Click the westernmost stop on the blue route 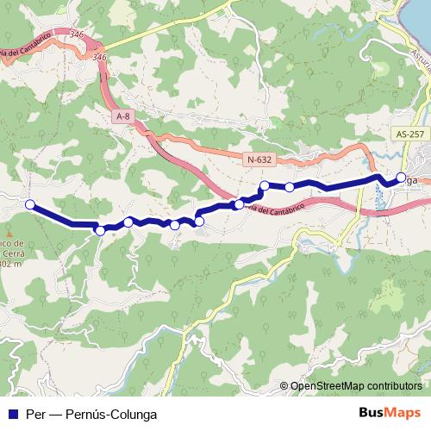coord(30,204)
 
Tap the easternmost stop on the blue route coord(401,178)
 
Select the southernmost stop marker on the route coord(100,230)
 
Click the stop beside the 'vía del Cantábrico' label coord(239,204)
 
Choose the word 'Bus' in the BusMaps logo coord(372,413)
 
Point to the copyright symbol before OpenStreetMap coord(284,386)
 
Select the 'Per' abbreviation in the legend coord(35,413)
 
